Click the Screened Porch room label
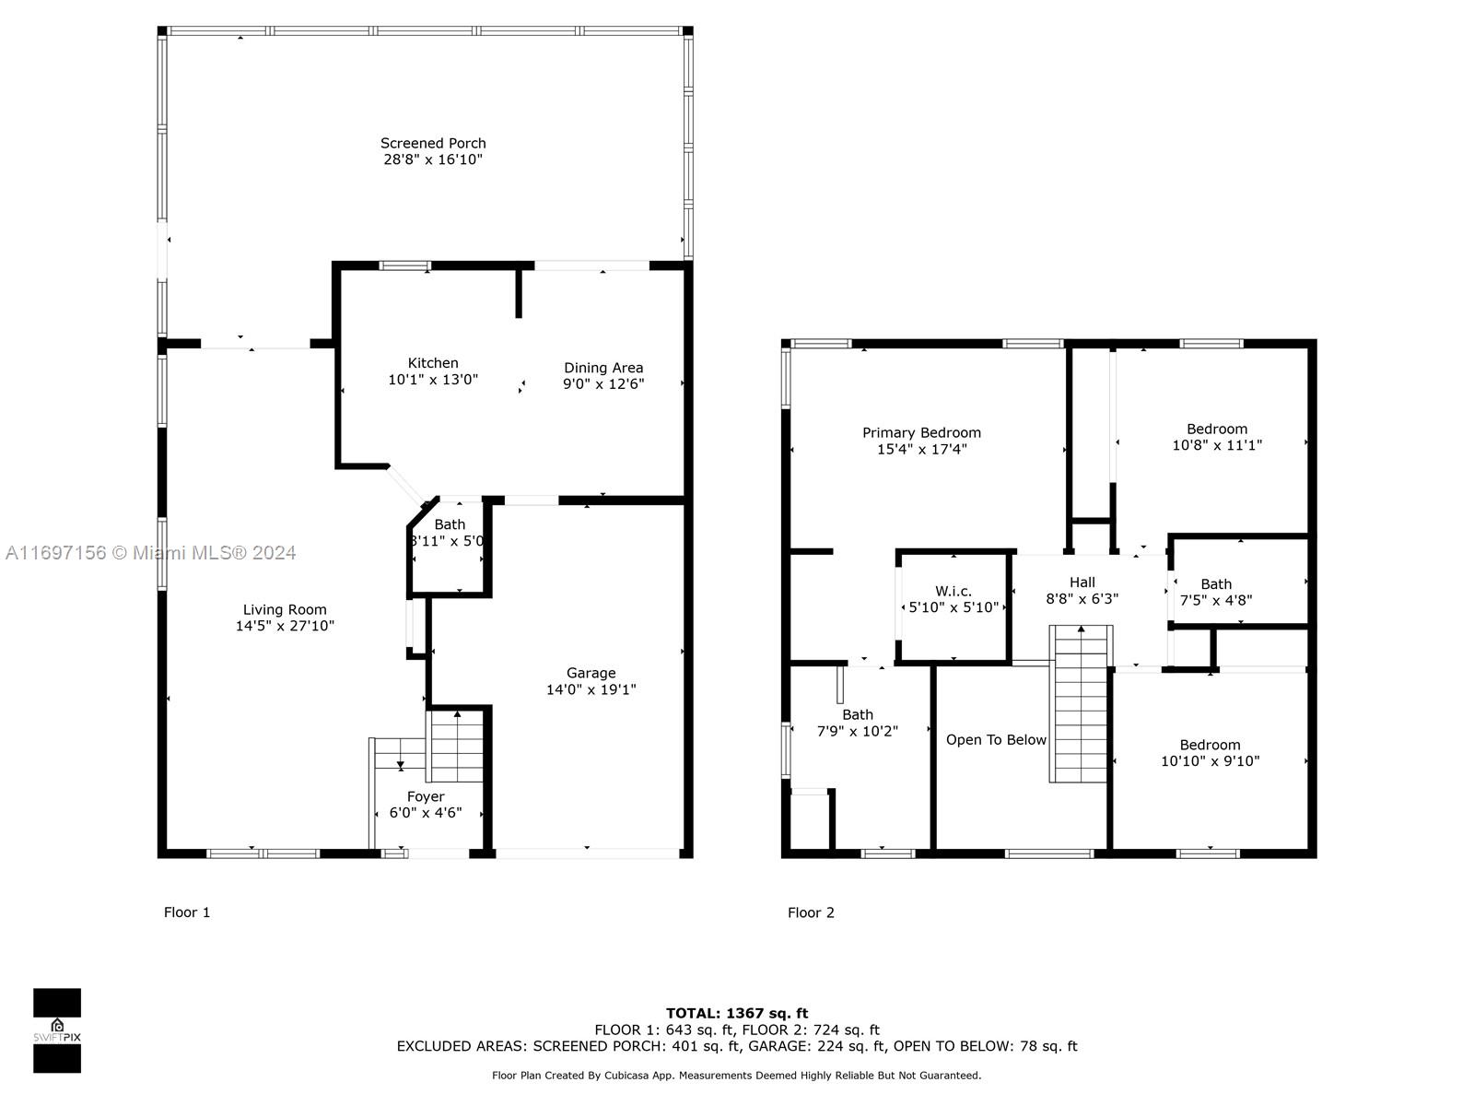pos(433,143)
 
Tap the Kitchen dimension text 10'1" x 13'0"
pos(433,380)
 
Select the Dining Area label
pos(603,368)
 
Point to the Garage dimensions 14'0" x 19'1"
pos(591,689)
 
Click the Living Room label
pos(285,610)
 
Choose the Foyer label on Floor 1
pos(426,797)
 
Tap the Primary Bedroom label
pos(921,433)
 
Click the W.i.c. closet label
pos(953,592)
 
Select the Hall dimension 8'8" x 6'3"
pos(1082,599)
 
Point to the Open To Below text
pos(996,740)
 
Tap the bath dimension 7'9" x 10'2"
pos(858,731)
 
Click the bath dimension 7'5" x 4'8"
pos(1216,600)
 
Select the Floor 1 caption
pos(187,912)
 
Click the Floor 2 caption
pos(811,912)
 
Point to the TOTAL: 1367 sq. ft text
pos(737,1013)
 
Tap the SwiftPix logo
pos(57,1030)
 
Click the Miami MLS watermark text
pos(150,553)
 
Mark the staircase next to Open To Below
pos(1081,704)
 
